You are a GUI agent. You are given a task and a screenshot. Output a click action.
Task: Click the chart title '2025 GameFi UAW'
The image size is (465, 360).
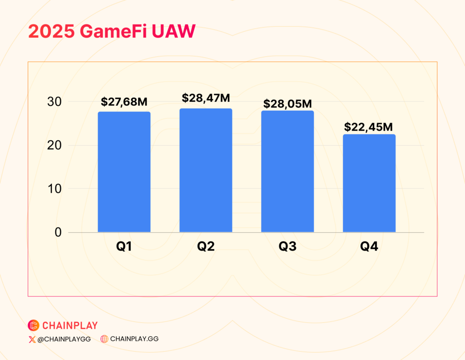pyautogui.click(x=112, y=31)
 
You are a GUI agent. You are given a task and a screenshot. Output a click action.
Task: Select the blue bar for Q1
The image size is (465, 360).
pyautogui.click(x=124, y=172)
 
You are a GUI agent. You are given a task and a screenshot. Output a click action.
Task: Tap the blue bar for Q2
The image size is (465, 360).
pyautogui.click(x=206, y=170)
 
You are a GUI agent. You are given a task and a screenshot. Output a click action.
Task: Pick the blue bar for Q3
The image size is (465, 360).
pyautogui.click(x=287, y=171)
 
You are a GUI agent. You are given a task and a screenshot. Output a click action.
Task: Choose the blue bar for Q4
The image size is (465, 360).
pyautogui.click(x=369, y=183)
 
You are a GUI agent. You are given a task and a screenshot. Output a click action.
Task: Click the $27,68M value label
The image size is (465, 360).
pyautogui.click(x=124, y=102)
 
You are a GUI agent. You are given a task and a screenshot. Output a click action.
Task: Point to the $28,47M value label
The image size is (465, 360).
pyautogui.click(x=206, y=98)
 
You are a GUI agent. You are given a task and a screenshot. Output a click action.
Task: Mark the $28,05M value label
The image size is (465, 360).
pyautogui.click(x=287, y=104)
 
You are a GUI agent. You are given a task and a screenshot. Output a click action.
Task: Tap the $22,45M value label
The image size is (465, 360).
pyautogui.click(x=368, y=127)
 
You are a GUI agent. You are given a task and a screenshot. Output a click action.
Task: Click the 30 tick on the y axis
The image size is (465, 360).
pyautogui.click(x=54, y=102)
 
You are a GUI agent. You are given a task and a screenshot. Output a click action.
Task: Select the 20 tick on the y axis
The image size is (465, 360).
pyautogui.click(x=54, y=145)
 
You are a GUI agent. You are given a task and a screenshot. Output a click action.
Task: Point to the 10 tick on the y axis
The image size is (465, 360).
pyautogui.click(x=54, y=188)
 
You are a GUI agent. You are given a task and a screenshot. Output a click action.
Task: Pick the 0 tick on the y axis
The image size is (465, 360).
pyautogui.click(x=58, y=232)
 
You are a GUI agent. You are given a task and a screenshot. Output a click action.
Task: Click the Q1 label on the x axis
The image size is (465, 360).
pyautogui.click(x=124, y=246)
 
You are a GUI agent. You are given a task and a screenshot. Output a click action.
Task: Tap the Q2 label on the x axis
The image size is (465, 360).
pyautogui.click(x=206, y=246)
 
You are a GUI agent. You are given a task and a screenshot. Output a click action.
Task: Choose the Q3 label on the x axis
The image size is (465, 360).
pyautogui.click(x=287, y=246)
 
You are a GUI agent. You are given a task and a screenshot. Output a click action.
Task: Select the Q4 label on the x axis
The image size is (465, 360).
pyautogui.click(x=369, y=246)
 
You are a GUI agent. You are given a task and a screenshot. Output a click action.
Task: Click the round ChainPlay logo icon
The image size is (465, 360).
pyautogui.click(x=34, y=325)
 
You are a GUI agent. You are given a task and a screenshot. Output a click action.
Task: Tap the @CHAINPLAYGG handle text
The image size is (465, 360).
pyautogui.click(x=64, y=339)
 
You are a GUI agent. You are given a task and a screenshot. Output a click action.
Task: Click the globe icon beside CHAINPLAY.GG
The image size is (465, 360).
pyautogui.click(x=104, y=339)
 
